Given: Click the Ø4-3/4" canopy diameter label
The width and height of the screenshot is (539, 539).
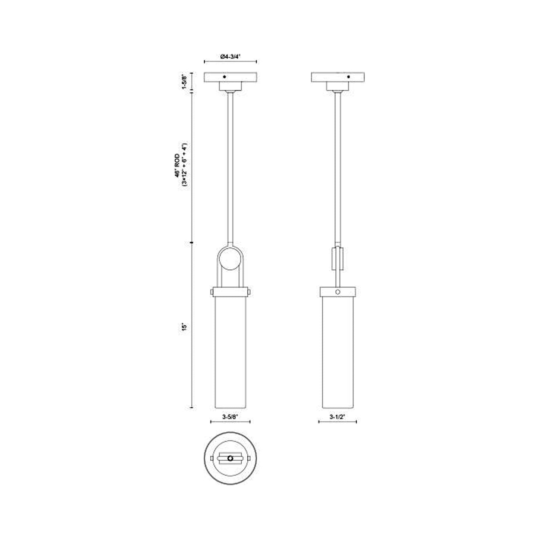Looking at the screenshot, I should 231,56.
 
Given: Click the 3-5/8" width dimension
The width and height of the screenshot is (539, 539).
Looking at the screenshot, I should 230,417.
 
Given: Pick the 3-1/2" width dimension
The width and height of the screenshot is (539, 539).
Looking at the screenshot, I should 337,417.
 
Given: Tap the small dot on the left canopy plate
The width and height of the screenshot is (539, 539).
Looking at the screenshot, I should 224,77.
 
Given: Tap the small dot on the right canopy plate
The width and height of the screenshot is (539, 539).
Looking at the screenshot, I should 349,77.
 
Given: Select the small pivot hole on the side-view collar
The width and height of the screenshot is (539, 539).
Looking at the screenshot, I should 338,292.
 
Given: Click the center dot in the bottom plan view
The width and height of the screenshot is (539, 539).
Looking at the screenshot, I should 231,458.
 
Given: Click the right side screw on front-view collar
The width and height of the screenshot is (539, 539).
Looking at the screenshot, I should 250,292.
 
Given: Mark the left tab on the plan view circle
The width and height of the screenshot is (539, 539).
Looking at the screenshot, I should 211,458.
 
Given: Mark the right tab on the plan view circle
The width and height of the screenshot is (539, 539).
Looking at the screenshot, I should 250,458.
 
